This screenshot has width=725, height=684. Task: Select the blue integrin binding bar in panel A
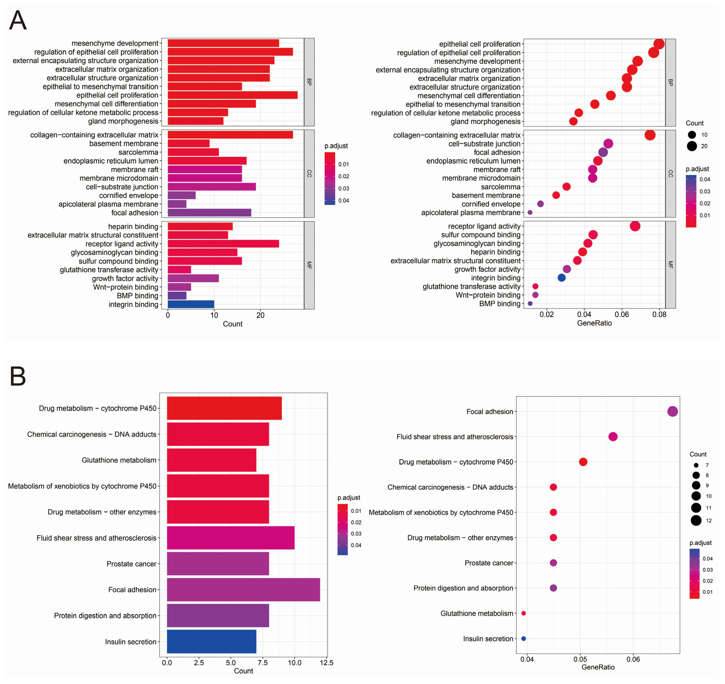(191, 304)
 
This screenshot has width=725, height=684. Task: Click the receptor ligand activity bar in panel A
(223, 244)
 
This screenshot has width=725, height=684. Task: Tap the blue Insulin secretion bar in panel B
(211, 641)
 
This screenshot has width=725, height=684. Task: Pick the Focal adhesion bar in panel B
(243, 590)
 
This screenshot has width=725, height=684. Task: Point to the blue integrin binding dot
(562, 278)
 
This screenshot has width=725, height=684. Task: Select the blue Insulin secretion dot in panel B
(524, 638)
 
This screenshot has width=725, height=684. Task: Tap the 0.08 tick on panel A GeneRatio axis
(659, 314)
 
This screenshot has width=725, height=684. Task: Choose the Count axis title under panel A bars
(233, 324)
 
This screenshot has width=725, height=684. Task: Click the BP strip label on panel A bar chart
(309, 82)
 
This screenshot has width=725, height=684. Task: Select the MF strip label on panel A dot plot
(670, 265)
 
